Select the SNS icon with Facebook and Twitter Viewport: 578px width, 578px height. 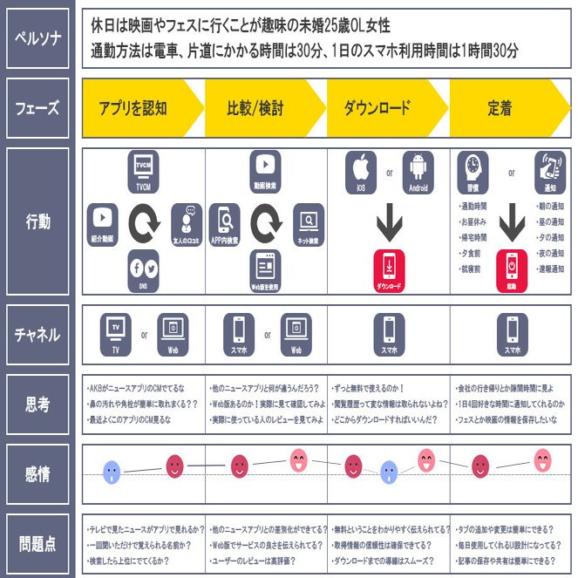[143, 269]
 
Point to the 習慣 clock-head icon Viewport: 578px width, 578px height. [472, 168]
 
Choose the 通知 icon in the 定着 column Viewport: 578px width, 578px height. [550, 168]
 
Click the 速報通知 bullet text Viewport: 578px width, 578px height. [550, 269]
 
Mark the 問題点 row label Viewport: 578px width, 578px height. [37, 545]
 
